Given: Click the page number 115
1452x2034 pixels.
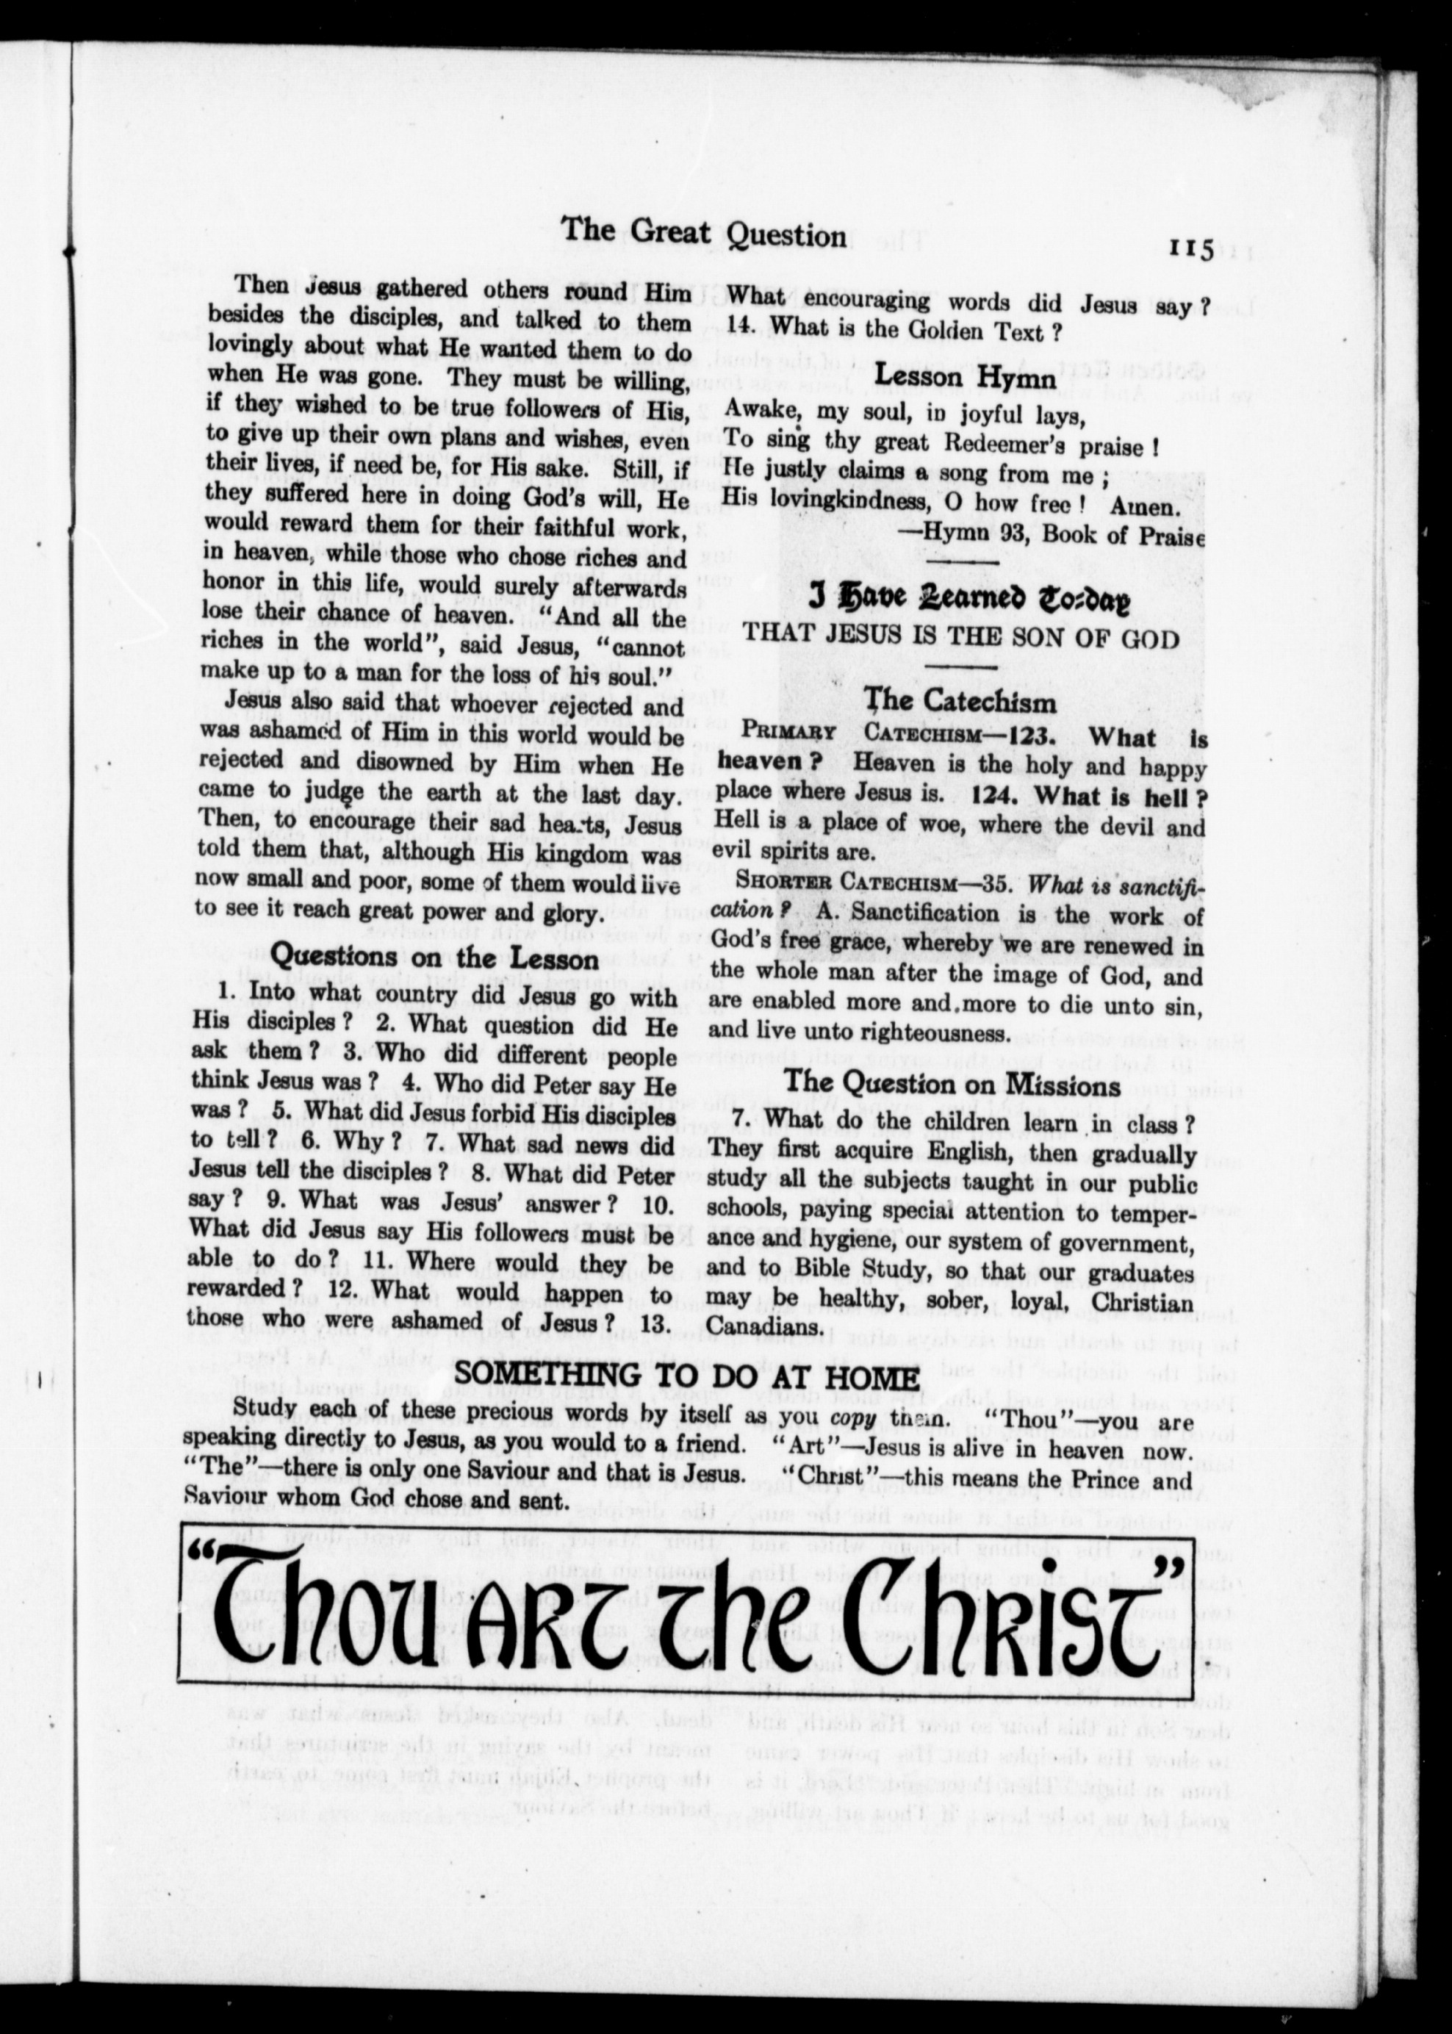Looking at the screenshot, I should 1190,249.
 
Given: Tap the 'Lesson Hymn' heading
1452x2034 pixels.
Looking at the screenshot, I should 952,377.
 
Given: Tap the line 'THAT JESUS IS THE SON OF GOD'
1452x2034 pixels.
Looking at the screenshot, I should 961,636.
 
